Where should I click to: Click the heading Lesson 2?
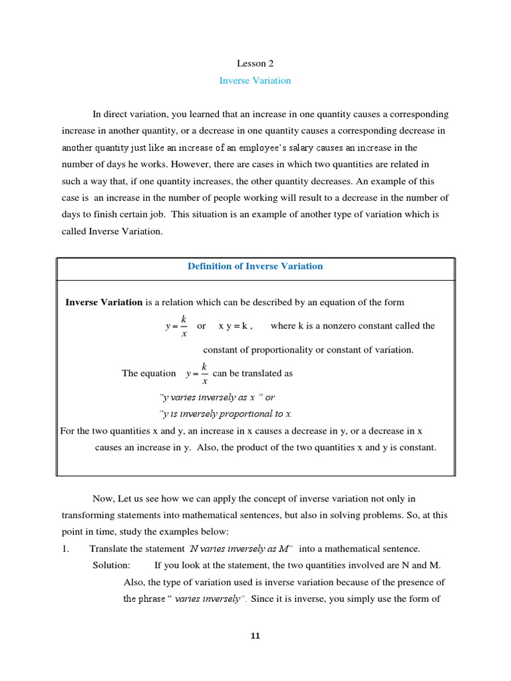(x=255, y=64)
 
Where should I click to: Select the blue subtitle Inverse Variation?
(x=255, y=80)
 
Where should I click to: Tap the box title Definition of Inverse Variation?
(x=255, y=266)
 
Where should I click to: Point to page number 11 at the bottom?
(x=255, y=636)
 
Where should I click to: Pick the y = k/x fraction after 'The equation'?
(x=197, y=373)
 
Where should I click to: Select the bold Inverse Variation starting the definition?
(x=104, y=303)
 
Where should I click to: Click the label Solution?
(x=111, y=565)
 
